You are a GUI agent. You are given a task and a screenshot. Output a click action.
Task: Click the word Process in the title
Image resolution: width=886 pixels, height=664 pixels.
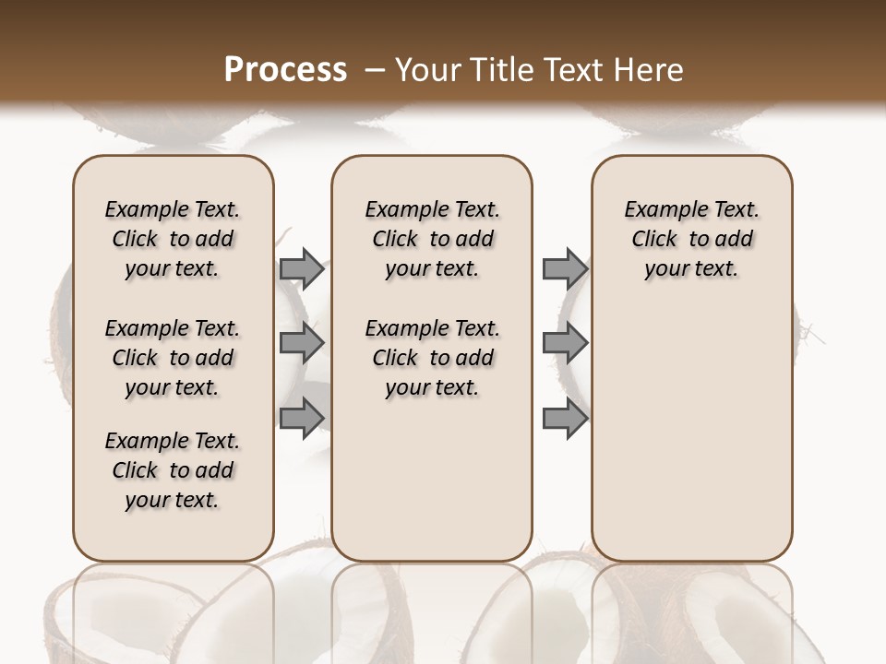pyautogui.click(x=285, y=70)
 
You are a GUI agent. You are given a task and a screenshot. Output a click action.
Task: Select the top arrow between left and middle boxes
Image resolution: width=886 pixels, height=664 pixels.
pyautogui.click(x=301, y=268)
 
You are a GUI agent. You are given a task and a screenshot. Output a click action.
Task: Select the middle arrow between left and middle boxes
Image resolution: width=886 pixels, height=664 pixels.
pyautogui.click(x=301, y=343)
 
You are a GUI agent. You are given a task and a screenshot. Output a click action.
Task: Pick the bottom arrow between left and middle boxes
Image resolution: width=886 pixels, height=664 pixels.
pyautogui.click(x=301, y=417)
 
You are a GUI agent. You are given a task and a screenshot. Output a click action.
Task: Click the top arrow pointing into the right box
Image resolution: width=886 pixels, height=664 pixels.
pyautogui.click(x=564, y=268)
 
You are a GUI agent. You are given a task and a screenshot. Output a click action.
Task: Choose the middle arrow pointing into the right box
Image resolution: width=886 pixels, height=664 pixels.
pyautogui.click(x=564, y=343)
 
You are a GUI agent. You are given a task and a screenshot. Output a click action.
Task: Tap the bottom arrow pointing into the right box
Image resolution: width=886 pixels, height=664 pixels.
pyautogui.click(x=564, y=418)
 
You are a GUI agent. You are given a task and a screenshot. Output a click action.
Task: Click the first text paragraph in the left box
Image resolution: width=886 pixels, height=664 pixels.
pyautogui.click(x=173, y=239)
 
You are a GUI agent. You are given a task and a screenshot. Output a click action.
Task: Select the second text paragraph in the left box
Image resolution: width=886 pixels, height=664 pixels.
pyautogui.click(x=173, y=358)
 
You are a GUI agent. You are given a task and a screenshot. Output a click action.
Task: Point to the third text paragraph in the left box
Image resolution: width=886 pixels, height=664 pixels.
pyautogui.click(x=173, y=470)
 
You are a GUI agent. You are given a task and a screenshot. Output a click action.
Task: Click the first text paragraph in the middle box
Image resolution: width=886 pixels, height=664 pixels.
pyautogui.click(x=432, y=239)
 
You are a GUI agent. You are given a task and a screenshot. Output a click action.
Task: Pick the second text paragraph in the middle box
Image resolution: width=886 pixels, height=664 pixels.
pyautogui.click(x=432, y=358)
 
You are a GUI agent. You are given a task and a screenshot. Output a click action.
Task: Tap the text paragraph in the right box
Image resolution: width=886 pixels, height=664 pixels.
pyautogui.click(x=691, y=239)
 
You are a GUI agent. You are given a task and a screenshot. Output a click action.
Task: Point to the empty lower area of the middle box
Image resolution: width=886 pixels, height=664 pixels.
pyautogui.click(x=432, y=480)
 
